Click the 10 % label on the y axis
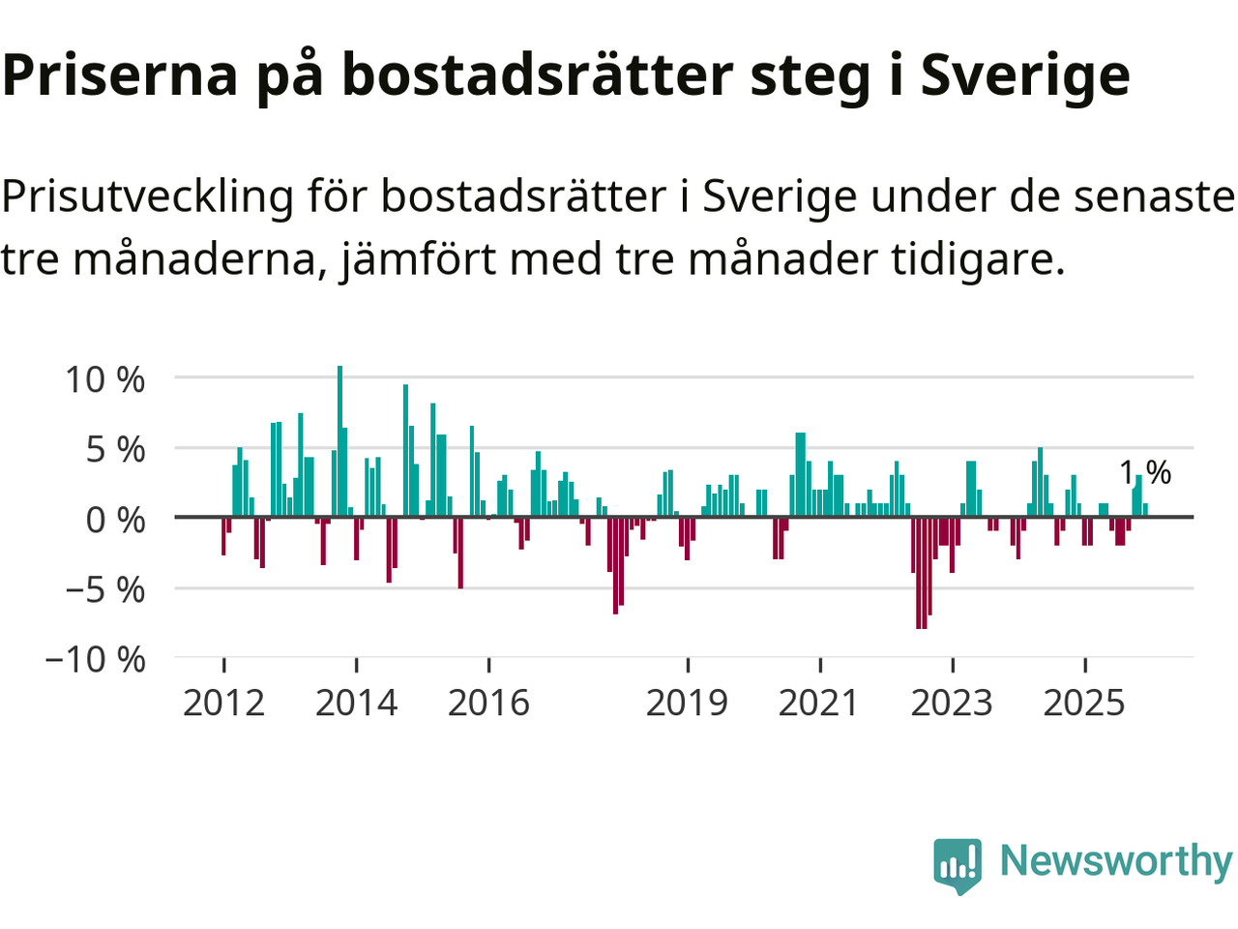tap(104, 379)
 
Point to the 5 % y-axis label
tap(116, 450)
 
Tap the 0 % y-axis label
tap(115, 520)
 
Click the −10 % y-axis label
tap(95, 660)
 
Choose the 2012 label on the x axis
tap(223, 703)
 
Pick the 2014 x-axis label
tap(356, 703)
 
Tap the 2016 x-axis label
tap(488, 703)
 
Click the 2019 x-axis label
tap(687, 703)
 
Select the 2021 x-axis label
tap(819, 703)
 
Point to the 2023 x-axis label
tap(952, 703)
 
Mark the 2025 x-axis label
tap(1084, 703)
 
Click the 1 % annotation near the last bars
tap(1145, 472)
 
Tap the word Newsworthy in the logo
tap(1115, 860)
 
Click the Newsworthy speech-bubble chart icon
tap(958, 863)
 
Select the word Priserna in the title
tap(120, 75)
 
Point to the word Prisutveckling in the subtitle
tap(147, 197)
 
